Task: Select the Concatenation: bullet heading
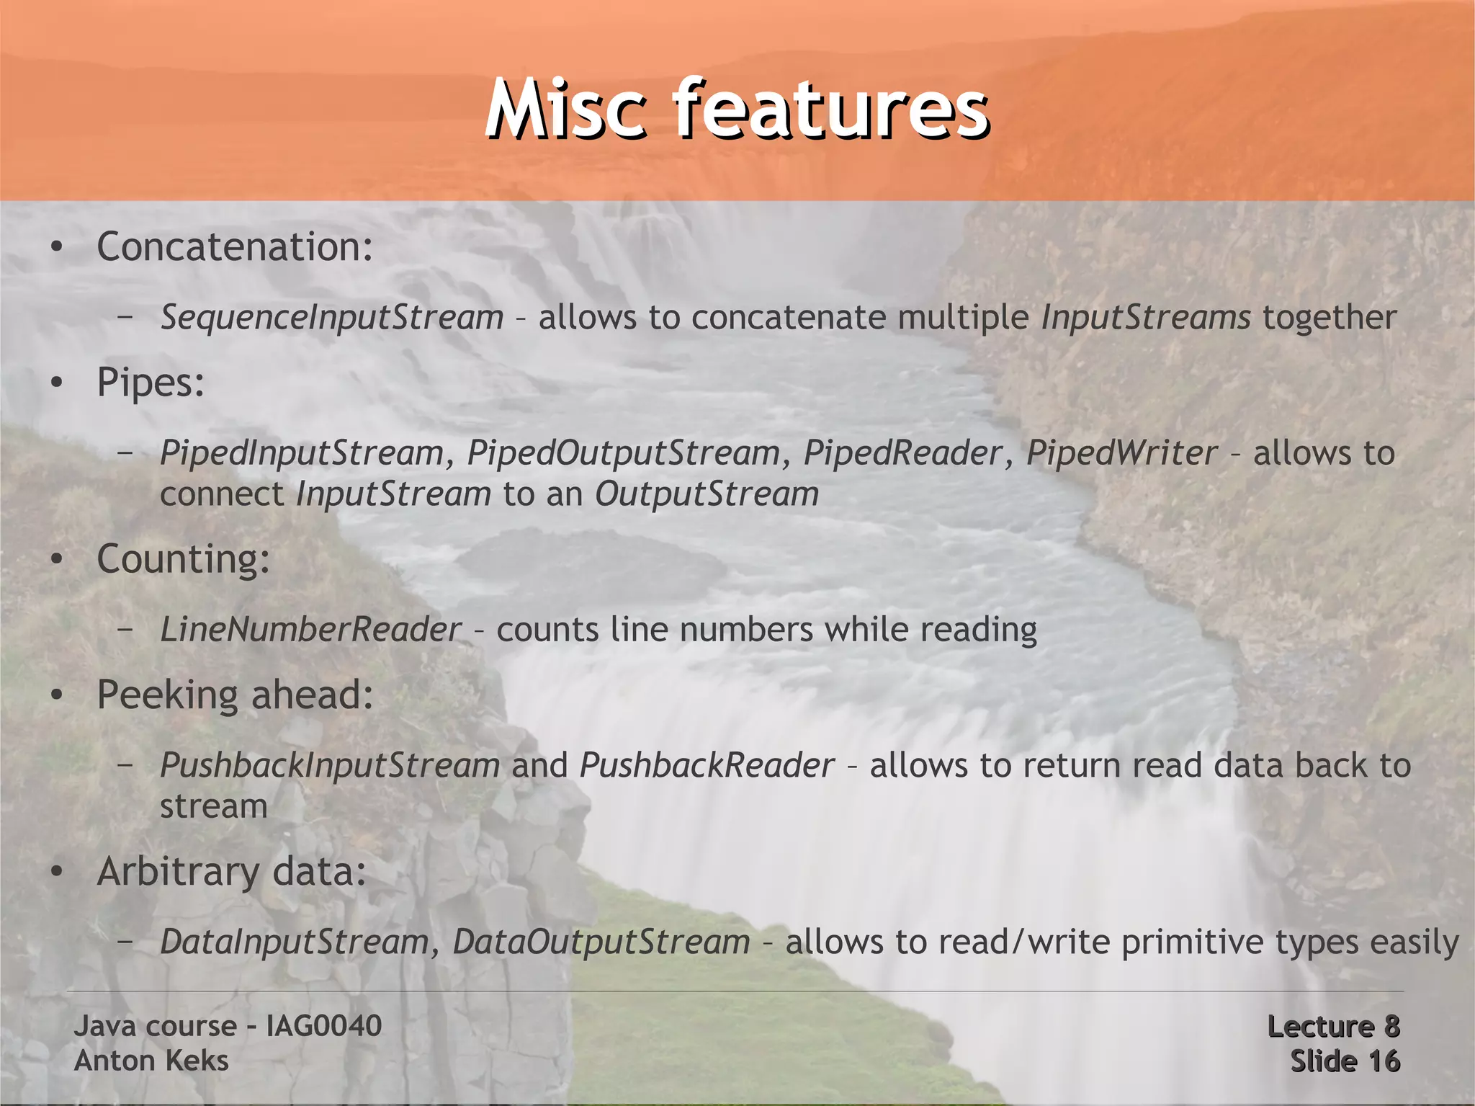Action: [235, 247]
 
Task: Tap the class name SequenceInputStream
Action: [331, 318]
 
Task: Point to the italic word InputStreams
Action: [1146, 318]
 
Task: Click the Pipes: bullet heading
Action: [151, 383]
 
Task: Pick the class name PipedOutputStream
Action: [624, 453]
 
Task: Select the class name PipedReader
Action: [902, 453]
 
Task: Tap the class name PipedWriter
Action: [1121, 453]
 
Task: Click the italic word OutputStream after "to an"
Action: [707, 494]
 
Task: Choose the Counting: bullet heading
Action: [184, 559]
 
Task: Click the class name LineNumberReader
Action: [310, 630]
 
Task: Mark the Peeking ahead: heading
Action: [235, 695]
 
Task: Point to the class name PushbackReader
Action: [707, 765]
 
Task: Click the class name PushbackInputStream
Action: [330, 765]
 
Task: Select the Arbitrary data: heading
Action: [232, 872]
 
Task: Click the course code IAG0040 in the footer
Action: [323, 1026]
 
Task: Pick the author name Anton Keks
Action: [151, 1061]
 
